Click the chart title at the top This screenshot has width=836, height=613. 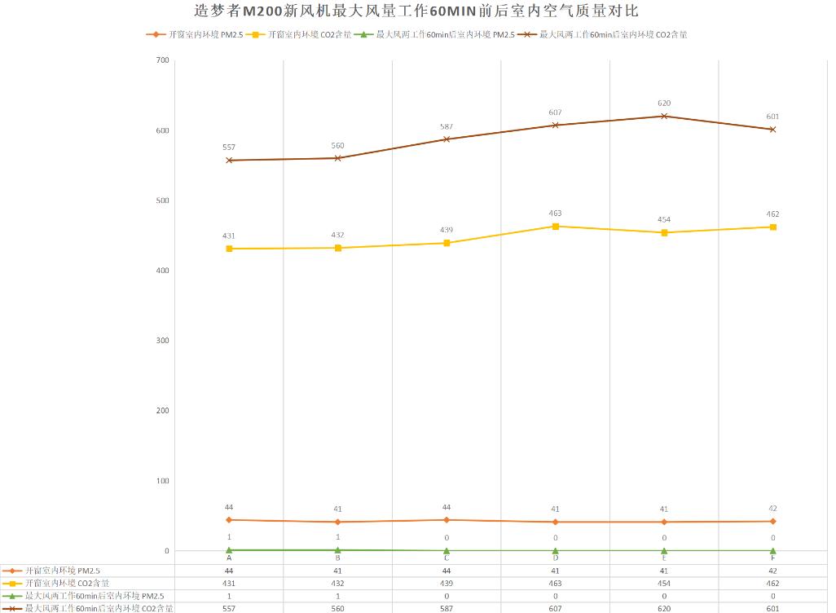(x=416, y=11)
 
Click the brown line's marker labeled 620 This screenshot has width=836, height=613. (x=664, y=116)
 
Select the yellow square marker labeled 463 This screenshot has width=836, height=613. (x=556, y=226)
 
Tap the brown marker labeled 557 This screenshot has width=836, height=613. (x=229, y=161)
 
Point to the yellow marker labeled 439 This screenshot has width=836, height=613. (x=447, y=243)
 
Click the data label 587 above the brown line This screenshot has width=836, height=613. (x=447, y=127)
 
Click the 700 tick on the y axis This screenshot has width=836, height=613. (x=161, y=60)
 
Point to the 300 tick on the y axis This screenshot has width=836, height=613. (x=161, y=341)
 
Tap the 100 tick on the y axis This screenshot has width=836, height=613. (x=161, y=481)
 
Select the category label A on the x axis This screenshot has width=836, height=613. (x=229, y=558)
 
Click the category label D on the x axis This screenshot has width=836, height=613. (x=556, y=558)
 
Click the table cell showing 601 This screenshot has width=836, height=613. (x=772, y=608)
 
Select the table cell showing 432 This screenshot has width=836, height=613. (x=337, y=584)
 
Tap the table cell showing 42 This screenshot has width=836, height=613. (x=772, y=571)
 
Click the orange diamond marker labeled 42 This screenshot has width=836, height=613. (x=772, y=521)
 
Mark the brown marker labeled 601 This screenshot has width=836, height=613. (x=772, y=129)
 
